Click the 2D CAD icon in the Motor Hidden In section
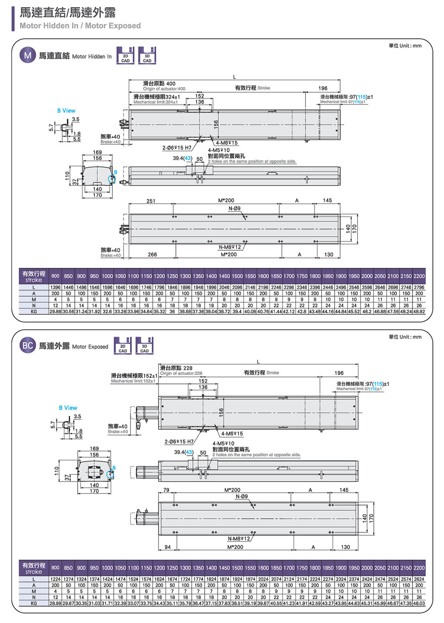tap(125, 56)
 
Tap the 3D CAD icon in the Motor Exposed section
tap(144, 346)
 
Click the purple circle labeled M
tap(28, 55)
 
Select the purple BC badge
tap(28, 345)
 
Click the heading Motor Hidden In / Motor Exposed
tap(80, 26)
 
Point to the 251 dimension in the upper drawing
tap(151, 201)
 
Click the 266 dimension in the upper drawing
tap(152, 255)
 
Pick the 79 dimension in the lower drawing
tap(166, 490)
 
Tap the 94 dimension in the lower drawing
tap(167, 547)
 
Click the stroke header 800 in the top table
tap(55, 276)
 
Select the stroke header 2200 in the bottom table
tap(419, 568)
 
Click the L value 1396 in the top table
tap(55, 287)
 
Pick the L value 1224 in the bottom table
tap(55, 579)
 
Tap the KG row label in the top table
tap(34, 311)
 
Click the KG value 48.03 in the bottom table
tap(419, 603)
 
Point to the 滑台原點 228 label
tap(176, 368)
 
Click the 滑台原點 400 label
tap(159, 83)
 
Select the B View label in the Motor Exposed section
tap(68, 407)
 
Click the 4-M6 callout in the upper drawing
tap(227, 143)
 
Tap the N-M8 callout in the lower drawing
tap(239, 539)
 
